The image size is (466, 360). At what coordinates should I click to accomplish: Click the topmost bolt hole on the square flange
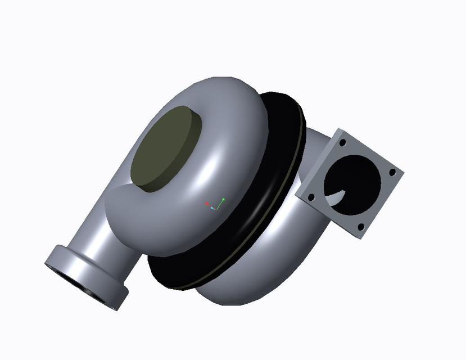click(342, 143)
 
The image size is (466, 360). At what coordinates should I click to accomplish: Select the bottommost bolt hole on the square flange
click(360, 227)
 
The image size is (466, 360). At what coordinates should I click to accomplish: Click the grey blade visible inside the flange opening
click(336, 197)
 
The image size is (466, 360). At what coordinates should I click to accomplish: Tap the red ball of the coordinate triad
click(207, 203)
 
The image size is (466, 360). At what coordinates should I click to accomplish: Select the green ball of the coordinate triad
click(223, 199)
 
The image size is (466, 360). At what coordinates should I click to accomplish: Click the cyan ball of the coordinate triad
click(212, 208)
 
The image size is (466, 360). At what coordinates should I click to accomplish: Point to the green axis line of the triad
click(220, 204)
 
